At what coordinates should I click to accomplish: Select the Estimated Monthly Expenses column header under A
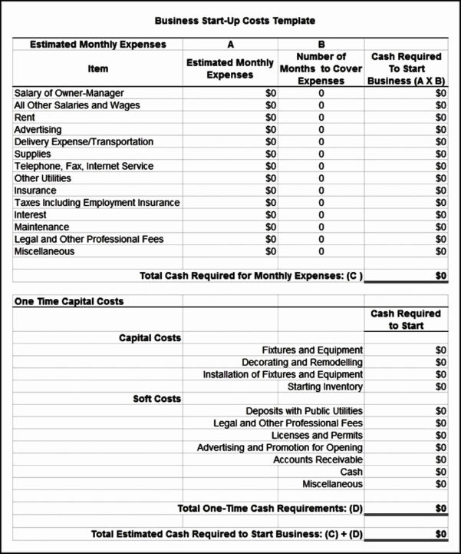230,69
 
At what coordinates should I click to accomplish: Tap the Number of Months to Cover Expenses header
321,68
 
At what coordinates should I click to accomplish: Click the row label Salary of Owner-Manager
69,94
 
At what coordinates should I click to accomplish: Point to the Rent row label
25,118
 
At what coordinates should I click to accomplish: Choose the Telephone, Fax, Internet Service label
84,166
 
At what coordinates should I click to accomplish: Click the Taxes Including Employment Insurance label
97,203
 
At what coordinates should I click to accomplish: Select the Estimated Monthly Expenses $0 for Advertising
270,130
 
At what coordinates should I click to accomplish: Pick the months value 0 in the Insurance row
321,191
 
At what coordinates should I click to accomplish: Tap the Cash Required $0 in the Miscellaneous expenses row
440,251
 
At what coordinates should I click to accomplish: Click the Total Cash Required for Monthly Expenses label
251,276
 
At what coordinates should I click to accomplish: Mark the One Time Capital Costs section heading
69,301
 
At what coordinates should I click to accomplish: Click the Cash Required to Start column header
406,320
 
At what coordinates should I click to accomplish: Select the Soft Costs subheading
156,399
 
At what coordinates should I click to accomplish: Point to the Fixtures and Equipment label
312,350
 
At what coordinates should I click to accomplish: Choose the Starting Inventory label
325,386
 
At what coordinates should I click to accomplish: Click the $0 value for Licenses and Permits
440,436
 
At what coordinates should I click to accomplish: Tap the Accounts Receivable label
318,459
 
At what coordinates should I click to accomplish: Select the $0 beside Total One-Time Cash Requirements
440,509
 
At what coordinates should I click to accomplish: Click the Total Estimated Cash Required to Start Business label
227,534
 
